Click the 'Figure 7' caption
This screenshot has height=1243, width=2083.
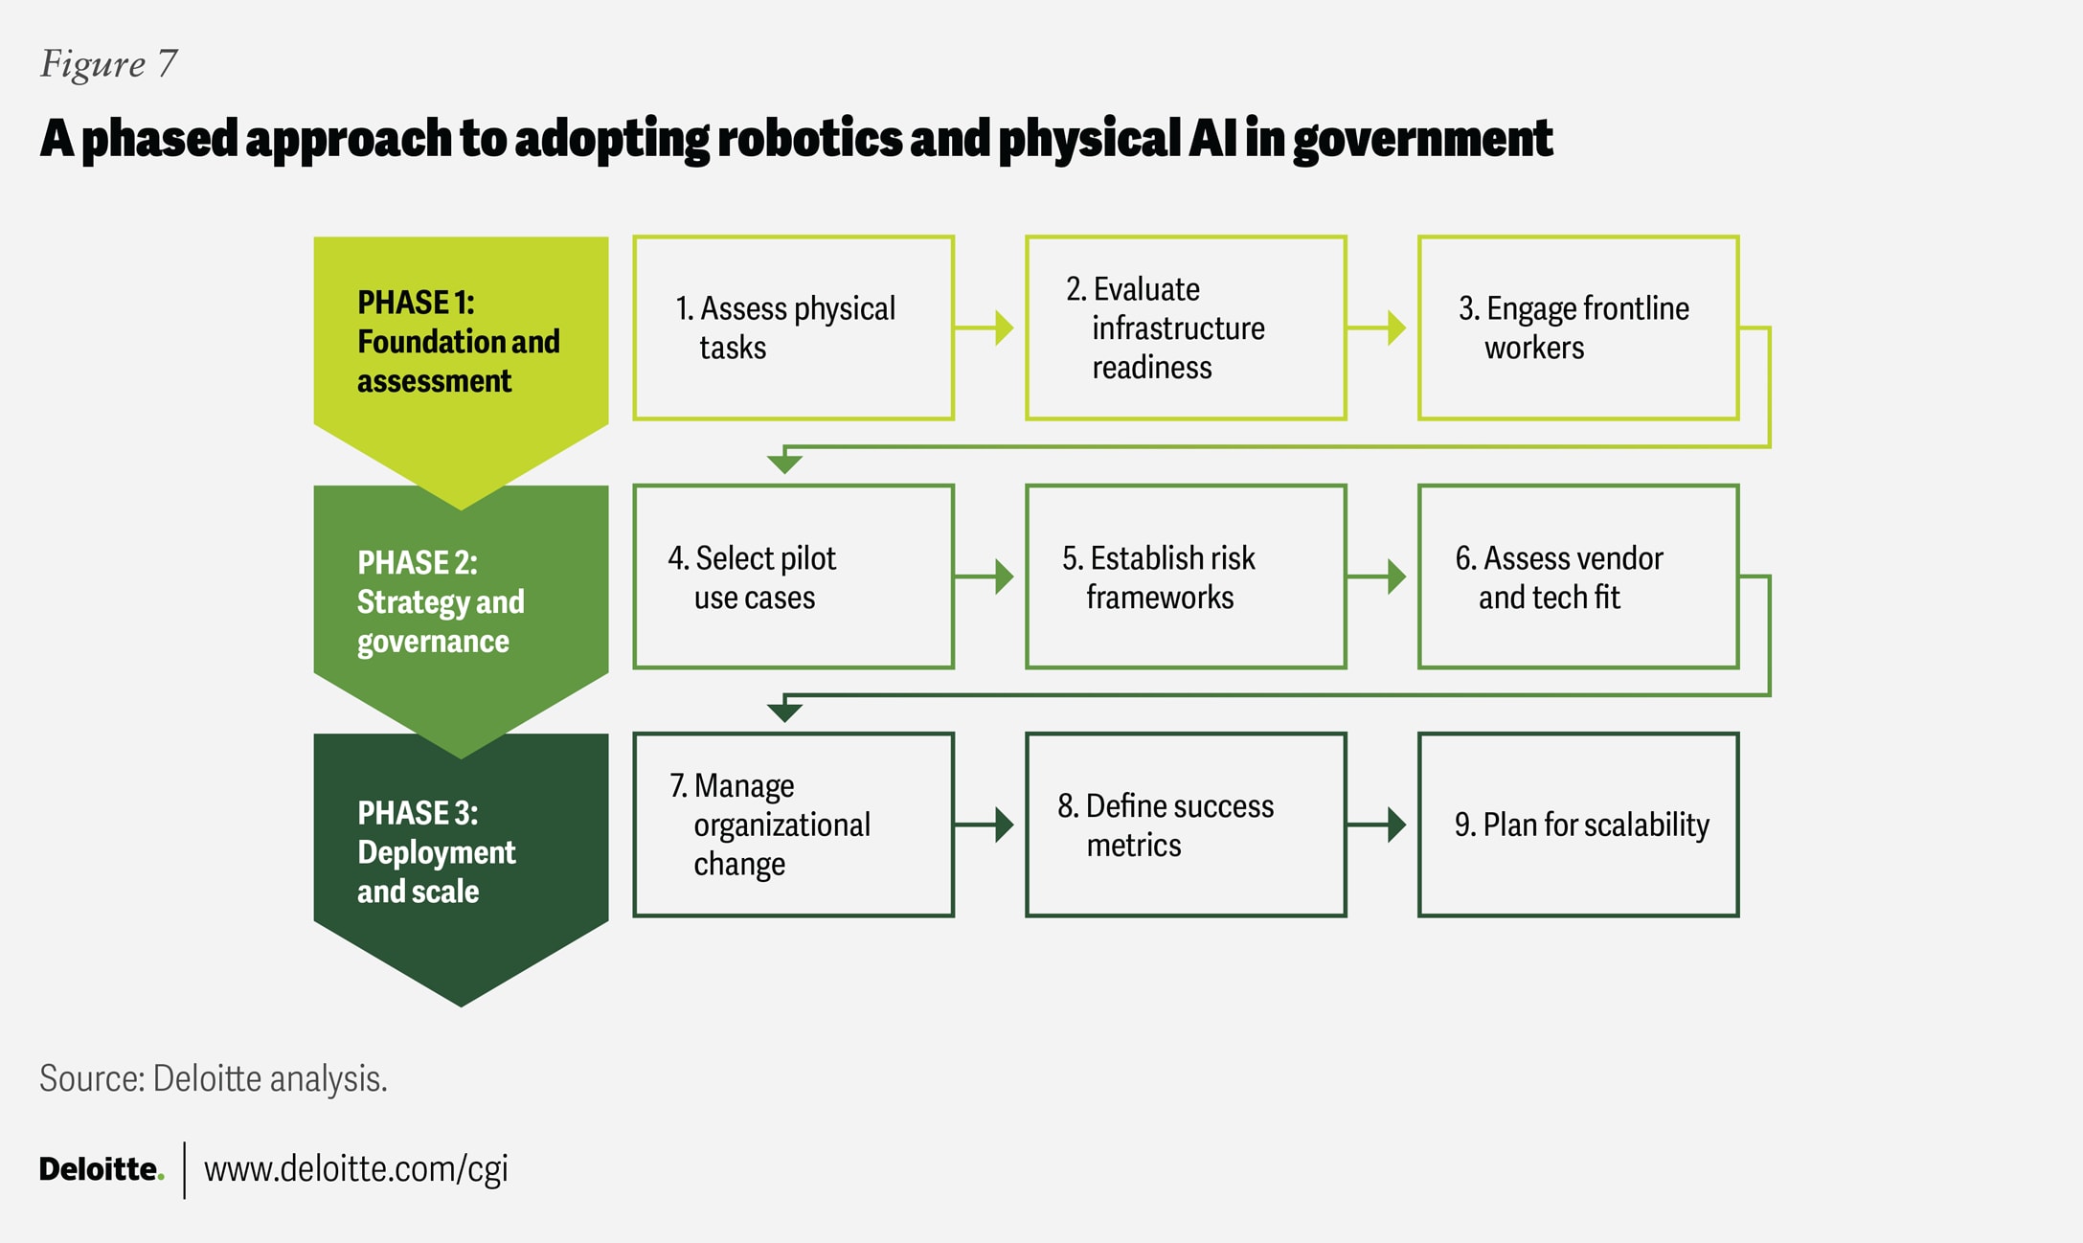click(108, 64)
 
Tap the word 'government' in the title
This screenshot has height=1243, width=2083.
click(1422, 140)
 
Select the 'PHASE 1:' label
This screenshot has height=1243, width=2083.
click(416, 303)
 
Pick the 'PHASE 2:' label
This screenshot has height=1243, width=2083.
click(417, 563)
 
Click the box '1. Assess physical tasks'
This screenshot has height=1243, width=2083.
click(793, 328)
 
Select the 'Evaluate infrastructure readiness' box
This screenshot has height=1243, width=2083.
click(1186, 328)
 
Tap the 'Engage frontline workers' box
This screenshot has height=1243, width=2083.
click(1578, 328)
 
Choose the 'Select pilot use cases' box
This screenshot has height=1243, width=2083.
click(793, 576)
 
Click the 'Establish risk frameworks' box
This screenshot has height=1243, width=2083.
click(1186, 576)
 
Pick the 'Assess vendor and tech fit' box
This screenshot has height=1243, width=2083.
click(1578, 576)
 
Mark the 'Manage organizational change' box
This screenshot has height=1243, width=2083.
click(793, 825)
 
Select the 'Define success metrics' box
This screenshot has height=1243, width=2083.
click(1186, 825)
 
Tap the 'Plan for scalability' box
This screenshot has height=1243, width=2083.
click(1578, 825)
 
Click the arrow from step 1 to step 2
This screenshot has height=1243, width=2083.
click(986, 328)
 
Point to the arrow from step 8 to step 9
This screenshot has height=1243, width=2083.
click(1379, 825)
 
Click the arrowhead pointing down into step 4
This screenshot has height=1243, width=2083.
click(784, 463)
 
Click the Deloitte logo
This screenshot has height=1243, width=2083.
click(101, 1169)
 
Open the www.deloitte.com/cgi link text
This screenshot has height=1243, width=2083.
click(355, 1169)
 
